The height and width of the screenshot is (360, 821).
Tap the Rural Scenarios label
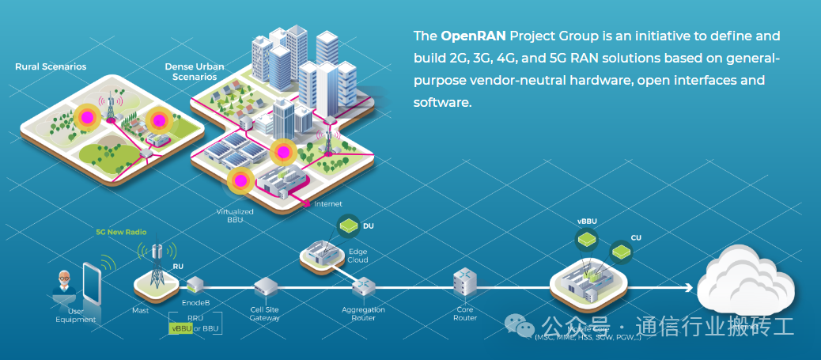(51, 66)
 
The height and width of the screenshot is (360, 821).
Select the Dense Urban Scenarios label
(195, 71)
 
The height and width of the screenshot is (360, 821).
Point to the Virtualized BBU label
(235, 216)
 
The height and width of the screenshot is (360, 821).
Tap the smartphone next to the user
(93, 282)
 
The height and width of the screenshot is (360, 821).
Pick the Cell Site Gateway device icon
(265, 286)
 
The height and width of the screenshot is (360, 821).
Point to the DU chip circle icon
(349, 226)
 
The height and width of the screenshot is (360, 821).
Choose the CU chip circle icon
(621, 252)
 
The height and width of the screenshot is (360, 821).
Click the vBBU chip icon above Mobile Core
(586, 237)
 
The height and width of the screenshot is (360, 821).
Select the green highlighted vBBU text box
(181, 328)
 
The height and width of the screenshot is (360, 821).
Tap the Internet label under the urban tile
(327, 204)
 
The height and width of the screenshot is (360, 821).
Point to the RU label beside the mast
(178, 267)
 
